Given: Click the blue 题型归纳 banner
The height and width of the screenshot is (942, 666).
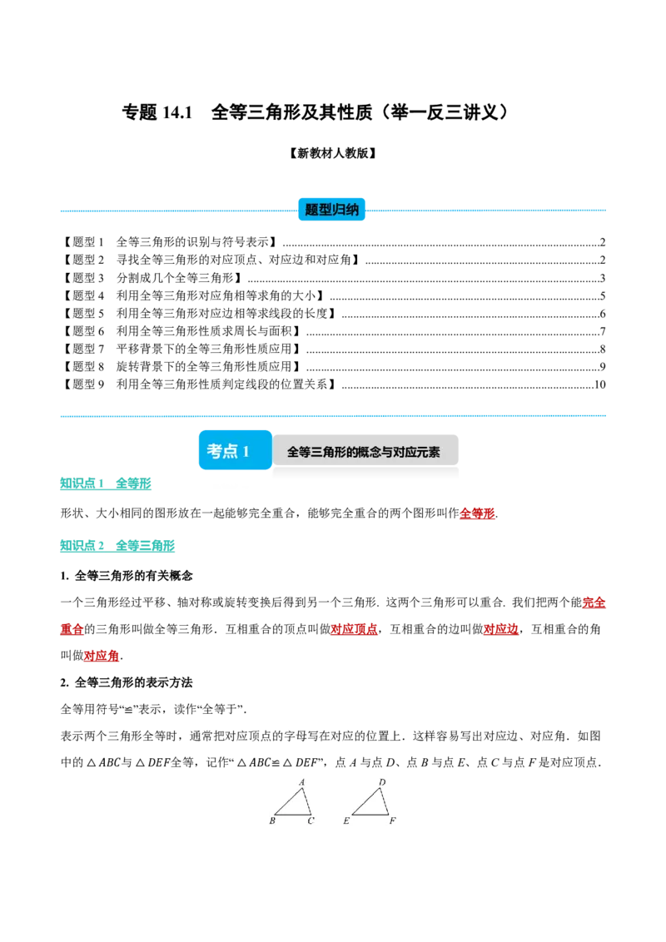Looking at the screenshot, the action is (x=332, y=209).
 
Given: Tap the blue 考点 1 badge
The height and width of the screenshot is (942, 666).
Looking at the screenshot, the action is (x=235, y=450).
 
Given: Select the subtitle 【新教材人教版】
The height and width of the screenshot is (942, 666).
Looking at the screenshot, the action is (x=332, y=153).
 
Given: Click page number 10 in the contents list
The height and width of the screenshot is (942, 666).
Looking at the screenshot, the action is (x=599, y=384).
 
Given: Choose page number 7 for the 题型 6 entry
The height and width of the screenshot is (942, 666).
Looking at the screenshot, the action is (x=602, y=332).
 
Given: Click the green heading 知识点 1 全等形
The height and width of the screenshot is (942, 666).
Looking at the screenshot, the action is (x=105, y=483).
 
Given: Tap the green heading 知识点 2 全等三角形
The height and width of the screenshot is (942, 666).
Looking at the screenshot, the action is (x=117, y=546).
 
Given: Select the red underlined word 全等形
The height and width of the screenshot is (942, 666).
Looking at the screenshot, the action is (x=477, y=513).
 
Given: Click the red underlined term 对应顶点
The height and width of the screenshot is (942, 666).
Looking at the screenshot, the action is (x=354, y=629).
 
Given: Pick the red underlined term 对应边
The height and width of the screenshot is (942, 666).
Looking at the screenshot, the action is (x=500, y=629).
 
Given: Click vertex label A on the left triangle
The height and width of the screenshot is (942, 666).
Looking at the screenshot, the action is (x=301, y=782).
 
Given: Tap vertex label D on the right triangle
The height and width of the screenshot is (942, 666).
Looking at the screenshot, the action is (x=382, y=782).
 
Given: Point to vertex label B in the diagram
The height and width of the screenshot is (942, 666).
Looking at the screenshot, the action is (x=272, y=821).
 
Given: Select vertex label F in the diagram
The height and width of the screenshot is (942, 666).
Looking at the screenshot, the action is (x=392, y=821).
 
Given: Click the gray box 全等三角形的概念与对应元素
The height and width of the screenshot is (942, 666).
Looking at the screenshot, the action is (x=365, y=451).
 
